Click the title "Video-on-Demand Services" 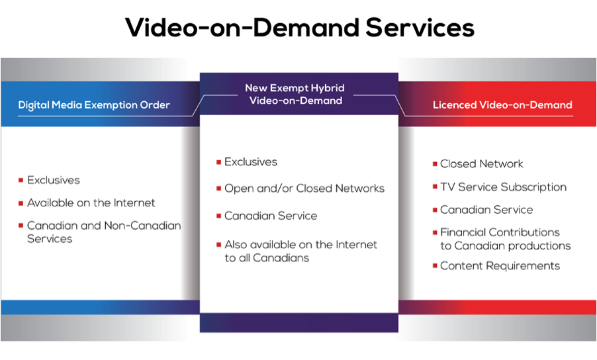[300, 27]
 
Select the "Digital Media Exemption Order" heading [94, 105]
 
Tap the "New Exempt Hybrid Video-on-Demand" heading [295, 94]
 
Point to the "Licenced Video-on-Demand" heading [502, 105]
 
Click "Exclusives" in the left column [54, 180]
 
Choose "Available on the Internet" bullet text [91, 203]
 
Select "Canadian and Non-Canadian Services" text [104, 232]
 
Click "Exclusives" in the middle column [251, 161]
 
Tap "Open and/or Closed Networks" [304, 189]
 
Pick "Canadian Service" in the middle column [271, 216]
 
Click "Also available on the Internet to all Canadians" [300, 251]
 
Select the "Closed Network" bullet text [482, 163]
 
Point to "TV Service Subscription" [503, 187]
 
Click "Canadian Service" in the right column [486, 210]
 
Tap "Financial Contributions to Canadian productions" [506, 239]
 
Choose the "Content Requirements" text [500, 265]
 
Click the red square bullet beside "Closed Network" [435, 164]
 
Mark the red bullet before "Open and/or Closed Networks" [218, 189]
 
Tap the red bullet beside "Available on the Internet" [21, 203]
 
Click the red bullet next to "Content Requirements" [435, 265]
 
